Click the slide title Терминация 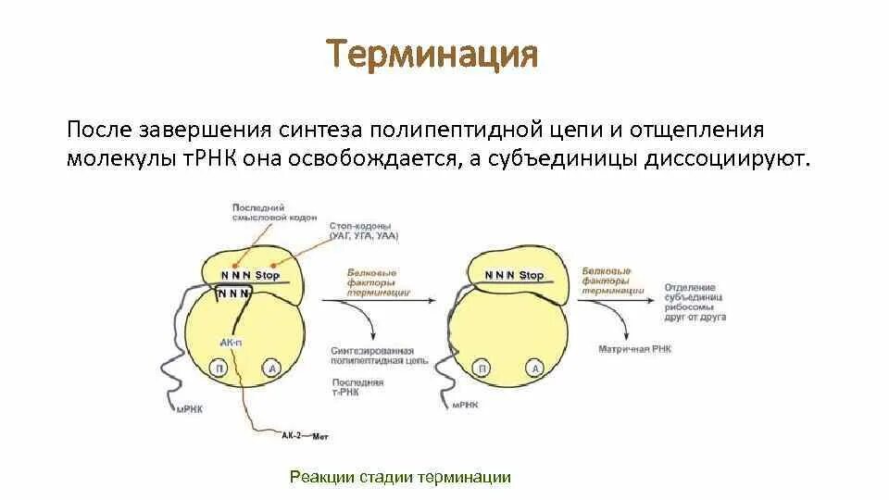pyautogui.click(x=431, y=55)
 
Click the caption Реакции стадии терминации pyautogui.click(x=400, y=477)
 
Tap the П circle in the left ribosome pyautogui.click(x=220, y=368)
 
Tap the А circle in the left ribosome pyautogui.click(x=271, y=368)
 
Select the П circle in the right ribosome pyautogui.click(x=482, y=369)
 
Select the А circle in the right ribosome pyautogui.click(x=534, y=369)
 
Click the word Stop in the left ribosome pyautogui.click(x=268, y=275)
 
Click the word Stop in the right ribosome pyautogui.click(x=531, y=275)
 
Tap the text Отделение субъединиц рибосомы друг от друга pyautogui.click(x=695, y=302)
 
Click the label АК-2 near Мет pyautogui.click(x=291, y=432)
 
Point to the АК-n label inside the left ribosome pyautogui.click(x=231, y=343)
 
